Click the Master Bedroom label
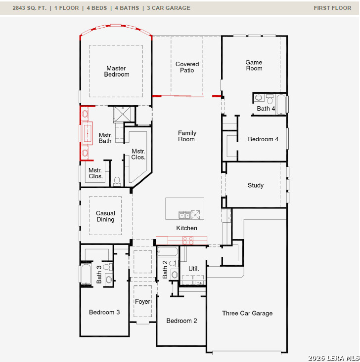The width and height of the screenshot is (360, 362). click(x=117, y=72)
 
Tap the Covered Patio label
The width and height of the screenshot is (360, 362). click(x=187, y=67)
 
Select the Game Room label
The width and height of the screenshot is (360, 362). click(x=254, y=65)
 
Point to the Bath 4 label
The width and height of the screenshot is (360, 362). click(x=266, y=109)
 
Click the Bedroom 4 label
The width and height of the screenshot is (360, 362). click(x=263, y=139)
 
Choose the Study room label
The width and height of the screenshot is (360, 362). click(x=256, y=186)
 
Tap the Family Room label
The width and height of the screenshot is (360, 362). click(x=187, y=136)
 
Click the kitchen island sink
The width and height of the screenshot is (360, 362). click(x=184, y=215)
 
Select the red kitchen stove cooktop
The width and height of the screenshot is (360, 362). click(x=188, y=241)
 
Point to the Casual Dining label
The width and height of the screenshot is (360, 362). click(x=105, y=217)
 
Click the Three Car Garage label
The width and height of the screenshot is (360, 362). click(x=247, y=313)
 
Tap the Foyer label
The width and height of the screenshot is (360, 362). click(x=143, y=302)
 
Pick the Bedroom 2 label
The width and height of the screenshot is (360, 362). click(x=181, y=321)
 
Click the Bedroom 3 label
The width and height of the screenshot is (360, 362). click(x=104, y=312)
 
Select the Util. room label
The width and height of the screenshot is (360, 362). click(x=194, y=269)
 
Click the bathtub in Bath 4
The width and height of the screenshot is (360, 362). click(x=281, y=104)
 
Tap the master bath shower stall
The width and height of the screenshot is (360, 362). click(x=124, y=115)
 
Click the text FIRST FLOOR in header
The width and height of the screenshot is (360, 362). click(x=332, y=8)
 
